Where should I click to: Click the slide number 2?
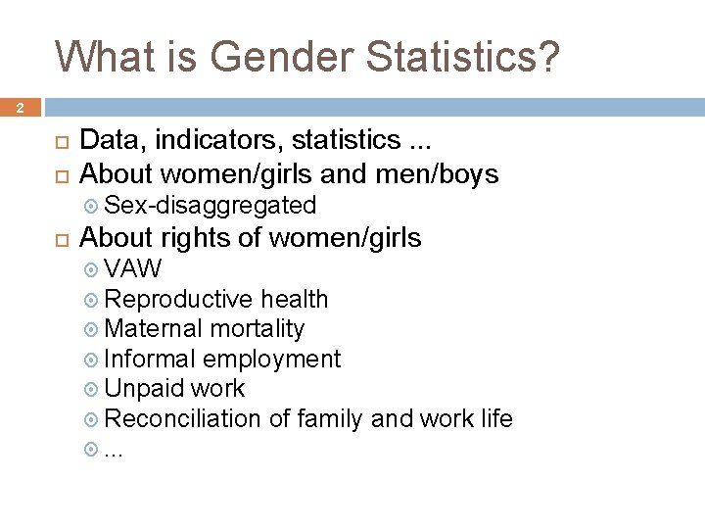(19, 109)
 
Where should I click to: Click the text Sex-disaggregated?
(210, 206)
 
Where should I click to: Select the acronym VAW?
(132, 269)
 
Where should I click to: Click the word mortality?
(258, 329)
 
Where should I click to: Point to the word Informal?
(150, 360)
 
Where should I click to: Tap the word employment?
(271, 360)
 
